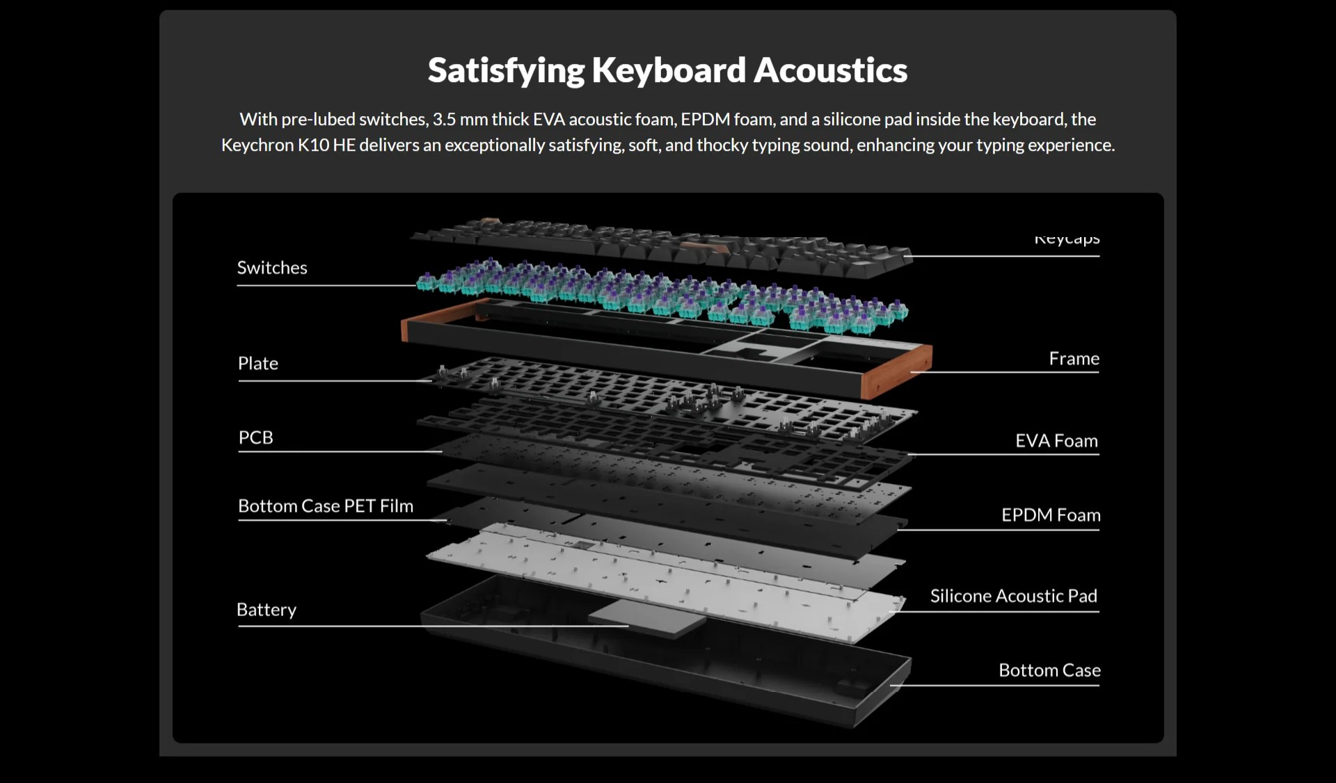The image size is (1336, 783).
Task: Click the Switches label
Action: point(272,268)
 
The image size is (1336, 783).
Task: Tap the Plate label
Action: point(258,364)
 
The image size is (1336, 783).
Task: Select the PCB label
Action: point(256,438)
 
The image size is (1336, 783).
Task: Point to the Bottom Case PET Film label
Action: point(326,506)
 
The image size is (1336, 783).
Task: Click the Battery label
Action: point(267,610)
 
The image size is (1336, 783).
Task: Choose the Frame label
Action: point(1074,359)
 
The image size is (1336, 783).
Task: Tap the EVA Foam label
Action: point(1056,441)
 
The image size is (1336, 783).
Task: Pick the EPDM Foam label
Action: point(1051,515)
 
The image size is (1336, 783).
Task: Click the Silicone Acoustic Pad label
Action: point(1013,596)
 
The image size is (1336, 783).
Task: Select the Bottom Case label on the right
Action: point(1049,670)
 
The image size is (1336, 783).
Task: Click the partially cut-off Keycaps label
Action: point(1067,239)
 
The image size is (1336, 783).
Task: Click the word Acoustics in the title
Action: point(830,70)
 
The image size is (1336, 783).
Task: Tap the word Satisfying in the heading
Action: point(506,70)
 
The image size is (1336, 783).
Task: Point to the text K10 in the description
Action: point(313,145)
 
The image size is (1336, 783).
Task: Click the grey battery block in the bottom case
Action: point(646,617)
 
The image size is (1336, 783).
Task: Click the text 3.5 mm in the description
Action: point(460,120)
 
